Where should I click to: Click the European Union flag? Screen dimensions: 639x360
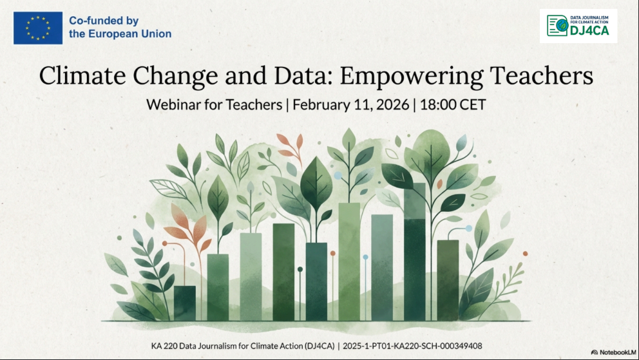[x=38, y=28]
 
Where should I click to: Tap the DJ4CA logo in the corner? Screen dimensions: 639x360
[x=578, y=26]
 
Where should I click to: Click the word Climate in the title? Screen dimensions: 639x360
[x=82, y=76]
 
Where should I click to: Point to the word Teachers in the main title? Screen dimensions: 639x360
[x=542, y=76]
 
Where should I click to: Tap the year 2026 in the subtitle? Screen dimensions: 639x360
[x=392, y=105]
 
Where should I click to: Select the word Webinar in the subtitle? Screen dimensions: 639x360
[x=173, y=105]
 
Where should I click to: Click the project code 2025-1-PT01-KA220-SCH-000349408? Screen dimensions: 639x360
[x=412, y=346]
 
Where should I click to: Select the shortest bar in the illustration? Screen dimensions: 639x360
[x=185, y=303]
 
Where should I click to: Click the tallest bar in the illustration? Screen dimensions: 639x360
[x=415, y=252]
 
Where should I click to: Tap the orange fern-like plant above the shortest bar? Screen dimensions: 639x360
[x=189, y=228]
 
